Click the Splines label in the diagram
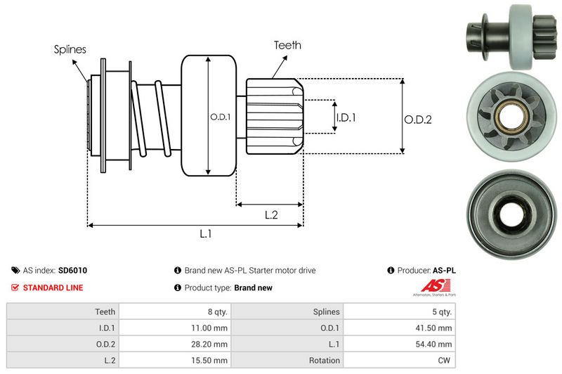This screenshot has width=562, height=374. (x=70, y=49)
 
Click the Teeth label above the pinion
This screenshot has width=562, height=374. (x=287, y=45)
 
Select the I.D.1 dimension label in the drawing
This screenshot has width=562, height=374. (x=346, y=117)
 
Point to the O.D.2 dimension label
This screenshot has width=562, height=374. (x=417, y=120)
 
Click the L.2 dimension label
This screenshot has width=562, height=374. (x=271, y=215)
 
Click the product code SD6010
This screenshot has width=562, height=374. (x=72, y=270)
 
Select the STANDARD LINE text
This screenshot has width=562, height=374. (x=53, y=288)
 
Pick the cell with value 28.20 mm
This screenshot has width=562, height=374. (x=211, y=344)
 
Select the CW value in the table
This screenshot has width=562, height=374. (x=445, y=361)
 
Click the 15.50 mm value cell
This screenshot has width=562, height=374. (x=211, y=361)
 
